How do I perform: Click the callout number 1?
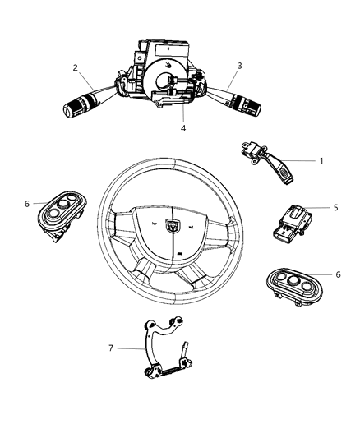click(321, 161)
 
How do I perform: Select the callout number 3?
click(239, 66)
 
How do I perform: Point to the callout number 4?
click(183, 127)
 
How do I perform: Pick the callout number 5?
click(335, 208)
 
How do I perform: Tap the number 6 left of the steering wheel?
click(26, 204)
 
